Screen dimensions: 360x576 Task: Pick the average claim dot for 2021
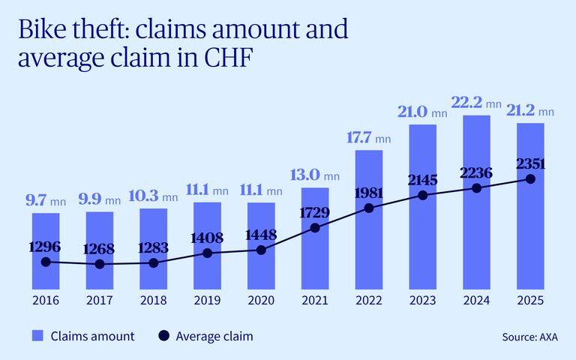coord(315,227)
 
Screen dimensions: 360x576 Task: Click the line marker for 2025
coord(530,179)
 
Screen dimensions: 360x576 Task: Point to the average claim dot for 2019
coord(207,253)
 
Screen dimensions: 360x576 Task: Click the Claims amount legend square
coord(37,336)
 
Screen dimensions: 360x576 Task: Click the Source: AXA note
coord(529,337)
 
